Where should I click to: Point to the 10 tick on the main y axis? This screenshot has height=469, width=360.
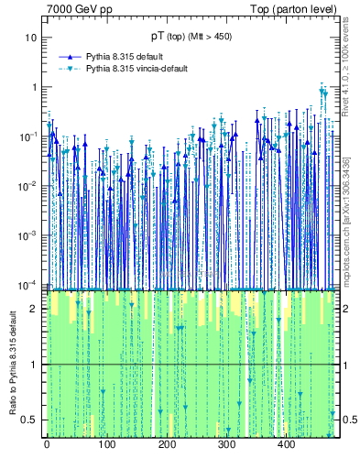(x=31, y=38)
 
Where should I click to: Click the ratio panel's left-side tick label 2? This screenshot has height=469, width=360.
(x=34, y=309)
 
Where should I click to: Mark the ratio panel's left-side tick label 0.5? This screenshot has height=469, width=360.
(x=30, y=420)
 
